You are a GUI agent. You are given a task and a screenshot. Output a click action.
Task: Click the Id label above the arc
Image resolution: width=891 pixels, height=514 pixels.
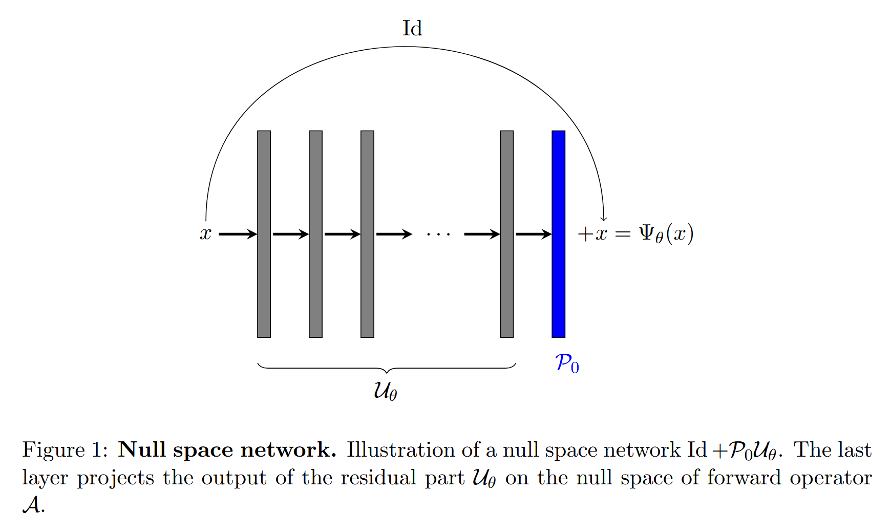(412, 29)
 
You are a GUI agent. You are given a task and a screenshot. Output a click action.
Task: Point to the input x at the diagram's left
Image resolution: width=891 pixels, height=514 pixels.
(205, 234)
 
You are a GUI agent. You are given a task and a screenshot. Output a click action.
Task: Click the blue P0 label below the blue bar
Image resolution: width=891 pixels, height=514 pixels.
(567, 363)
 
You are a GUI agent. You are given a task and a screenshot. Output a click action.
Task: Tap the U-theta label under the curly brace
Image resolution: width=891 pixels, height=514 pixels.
(385, 391)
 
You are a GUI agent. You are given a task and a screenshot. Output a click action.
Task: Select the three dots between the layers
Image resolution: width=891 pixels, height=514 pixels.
(438, 235)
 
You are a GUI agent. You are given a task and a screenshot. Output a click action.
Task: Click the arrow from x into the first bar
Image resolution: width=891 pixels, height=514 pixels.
(238, 234)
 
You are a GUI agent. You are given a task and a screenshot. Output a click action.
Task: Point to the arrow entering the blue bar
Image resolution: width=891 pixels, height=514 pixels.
(533, 234)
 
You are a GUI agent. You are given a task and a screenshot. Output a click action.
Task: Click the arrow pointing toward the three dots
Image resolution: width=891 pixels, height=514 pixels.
(393, 234)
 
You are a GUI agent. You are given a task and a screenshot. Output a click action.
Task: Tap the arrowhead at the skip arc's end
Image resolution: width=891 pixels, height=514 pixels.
(604, 219)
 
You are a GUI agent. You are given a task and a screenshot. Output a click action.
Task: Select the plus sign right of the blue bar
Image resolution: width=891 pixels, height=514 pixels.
(584, 234)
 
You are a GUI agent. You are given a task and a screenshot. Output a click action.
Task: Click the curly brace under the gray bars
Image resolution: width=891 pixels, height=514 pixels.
(387, 368)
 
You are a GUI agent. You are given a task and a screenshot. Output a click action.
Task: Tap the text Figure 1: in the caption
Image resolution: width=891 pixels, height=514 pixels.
(65, 450)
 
